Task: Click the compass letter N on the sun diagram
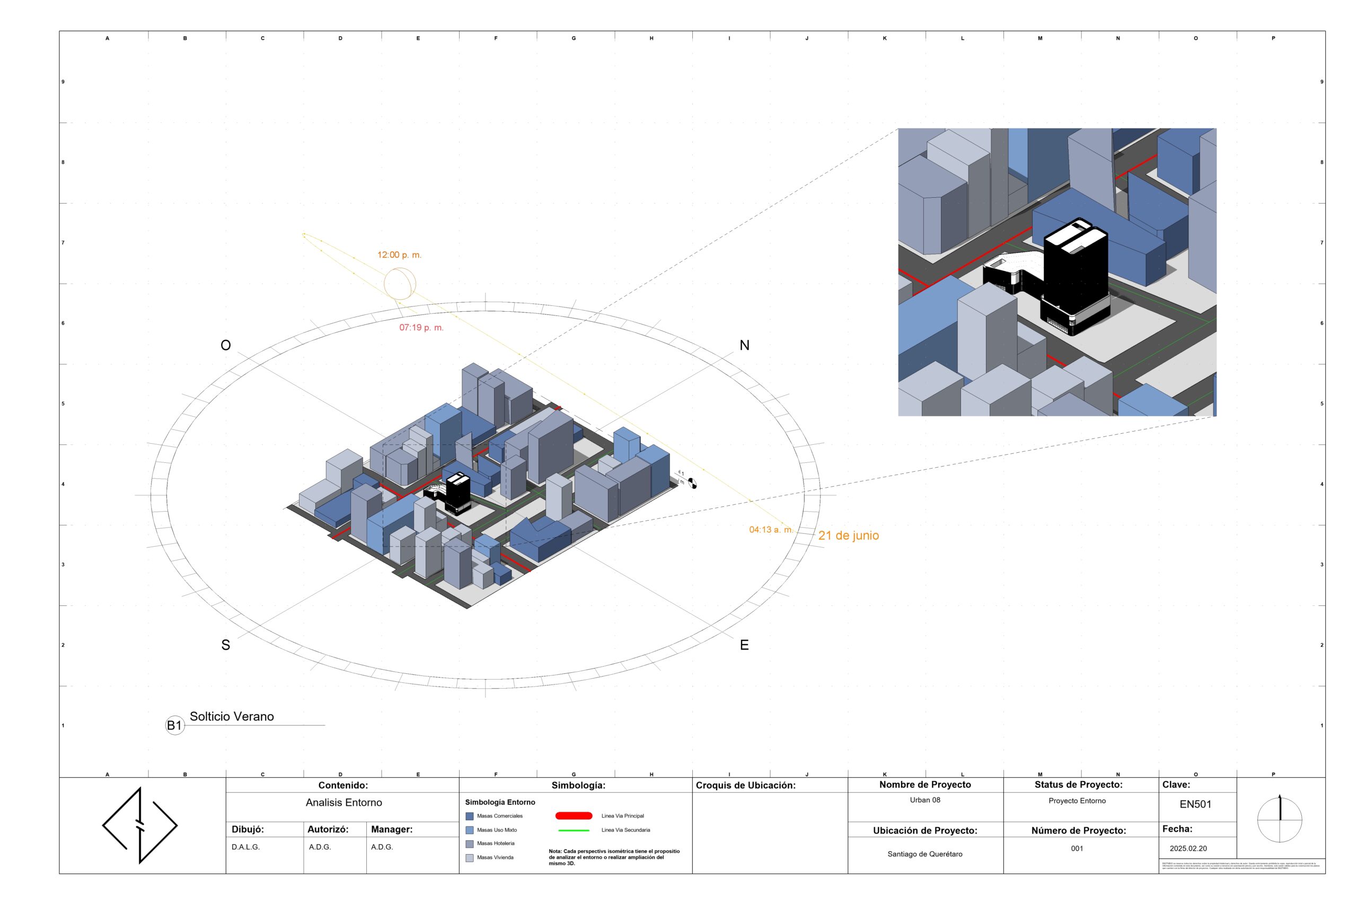pyautogui.click(x=744, y=345)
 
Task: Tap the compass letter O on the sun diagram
pyautogui.click(x=226, y=345)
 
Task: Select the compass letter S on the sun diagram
pyautogui.click(x=226, y=645)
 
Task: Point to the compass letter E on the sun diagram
pyautogui.click(x=744, y=645)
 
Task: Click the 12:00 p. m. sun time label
pyautogui.click(x=399, y=254)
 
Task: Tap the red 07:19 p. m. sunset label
pyautogui.click(x=421, y=327)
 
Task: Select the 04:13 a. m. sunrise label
pyautogui.click(x=771, y=529)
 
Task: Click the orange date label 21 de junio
pyautogui.click(x=848, y=535)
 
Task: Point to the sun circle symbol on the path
pyautogui.click(x=400, y=284)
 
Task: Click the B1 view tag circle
pyautogui.click(x=174, y=725)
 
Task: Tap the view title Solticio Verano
pyautogui.click(x=232, y=716)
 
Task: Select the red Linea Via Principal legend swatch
pyautogui.click(x=574, y=815)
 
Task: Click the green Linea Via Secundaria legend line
pyautogui.click(x=574, y=830)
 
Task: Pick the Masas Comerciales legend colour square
pyautogui.click(x=470, y=816)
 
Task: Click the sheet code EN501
pyautogui.click(x=1195, y=804)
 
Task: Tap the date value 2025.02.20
pyautogui.click(x=1188, y=848)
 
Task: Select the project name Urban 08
pyautogui.click(x=925, y=800)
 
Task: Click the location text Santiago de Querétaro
pyautogui.click(x=925, y=854)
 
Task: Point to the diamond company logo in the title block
pyautogui.click(x=139, y=825)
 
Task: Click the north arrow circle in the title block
pyautogui.click(x=1280, y=820)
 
